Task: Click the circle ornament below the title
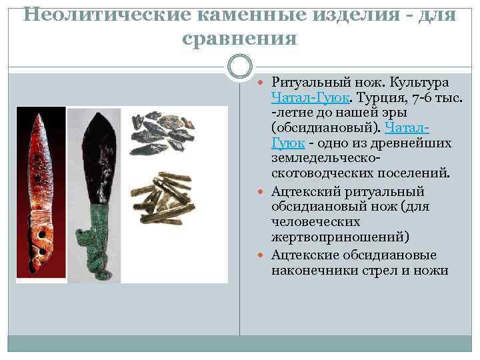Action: click(x=240, y=67)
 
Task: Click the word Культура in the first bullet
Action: click(x=421, y=83)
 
